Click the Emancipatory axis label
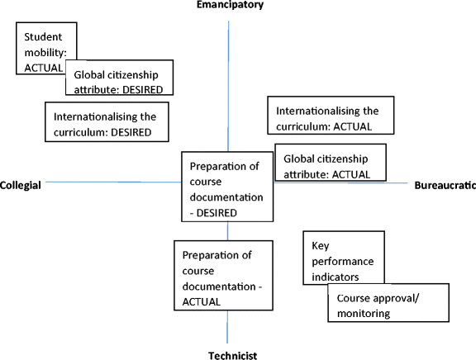229,6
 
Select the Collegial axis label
21,185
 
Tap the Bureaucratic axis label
444,185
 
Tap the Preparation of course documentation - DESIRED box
227,187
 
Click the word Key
321,245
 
